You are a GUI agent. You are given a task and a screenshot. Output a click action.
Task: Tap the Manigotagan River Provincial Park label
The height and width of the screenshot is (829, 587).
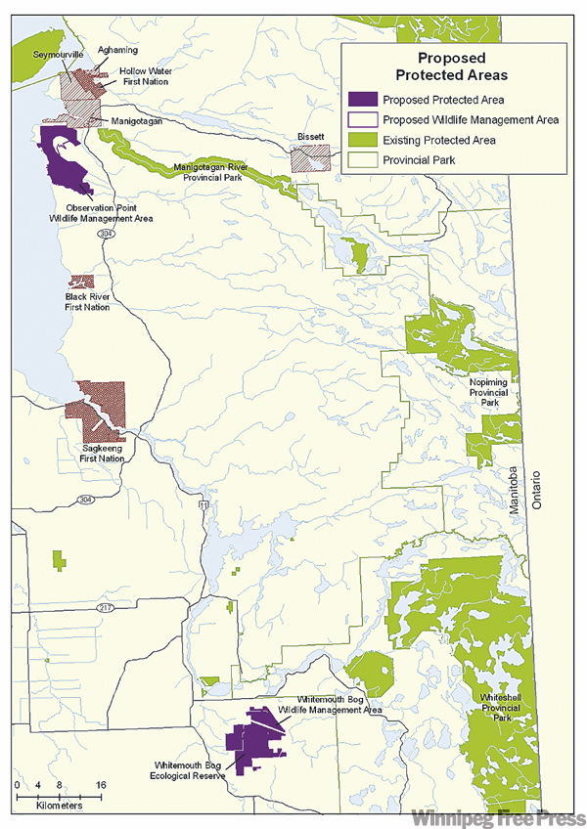(220, 173)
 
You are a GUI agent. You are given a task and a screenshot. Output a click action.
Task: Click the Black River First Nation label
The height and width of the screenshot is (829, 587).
(88, 301)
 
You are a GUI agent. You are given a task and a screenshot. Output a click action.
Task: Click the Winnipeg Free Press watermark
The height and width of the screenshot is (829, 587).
(498, 815)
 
